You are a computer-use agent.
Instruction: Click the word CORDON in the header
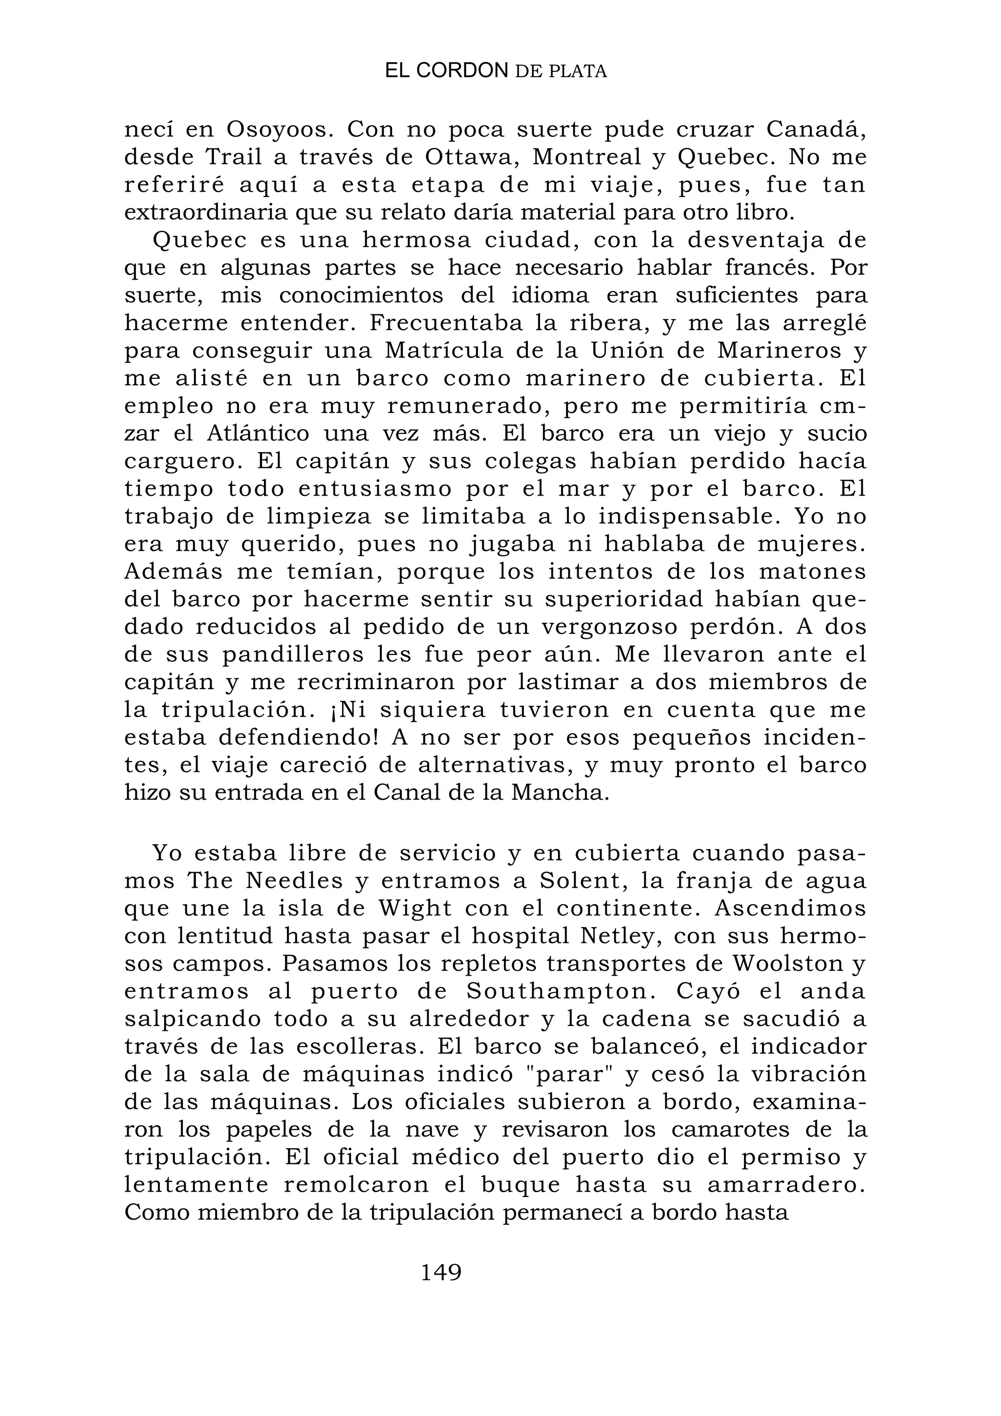coord(462,71)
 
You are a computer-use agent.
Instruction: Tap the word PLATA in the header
coord(578,72)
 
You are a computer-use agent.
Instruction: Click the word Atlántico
coord(258,434)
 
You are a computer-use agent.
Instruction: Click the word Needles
coord(294,881)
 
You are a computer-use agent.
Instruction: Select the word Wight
coord(415,909)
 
